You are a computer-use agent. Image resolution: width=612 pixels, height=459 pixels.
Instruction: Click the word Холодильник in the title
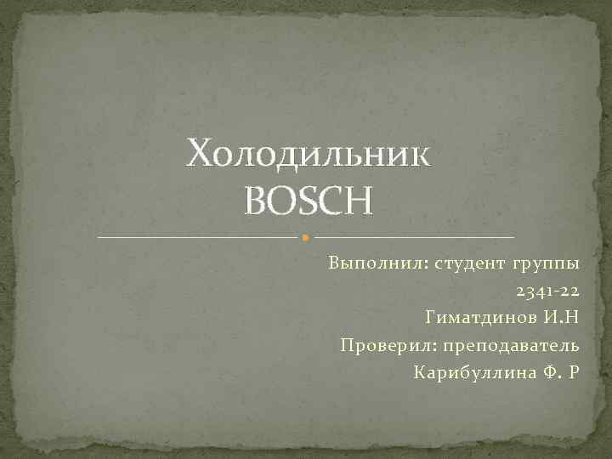point(309,156)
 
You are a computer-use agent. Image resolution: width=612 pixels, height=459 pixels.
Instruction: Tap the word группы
point(547,263)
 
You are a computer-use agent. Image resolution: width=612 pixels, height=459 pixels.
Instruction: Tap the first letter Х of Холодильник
point(201,156)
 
